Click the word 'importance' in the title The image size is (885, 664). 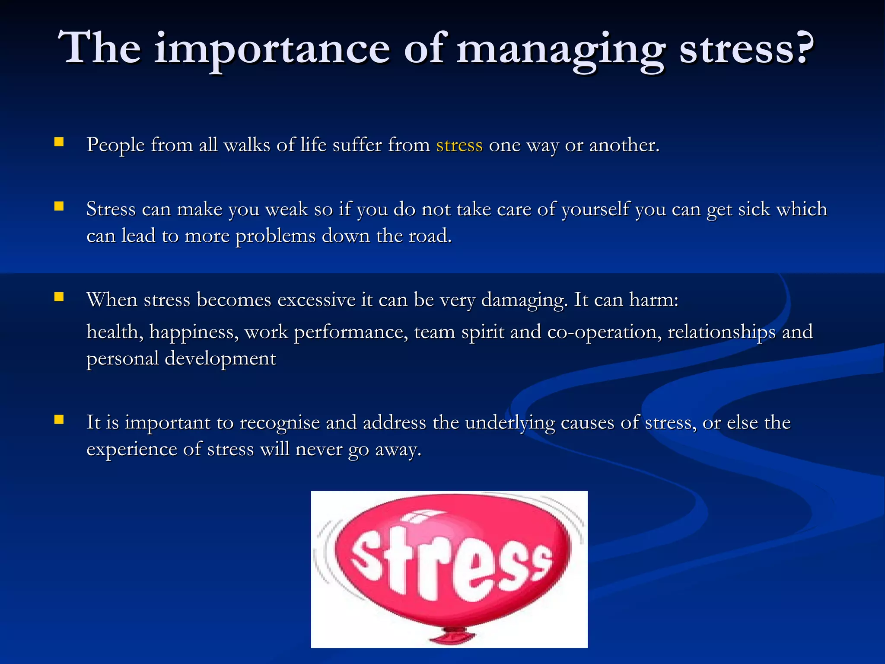[x=272, y=50]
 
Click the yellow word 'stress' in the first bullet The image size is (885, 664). [x=459, y=145]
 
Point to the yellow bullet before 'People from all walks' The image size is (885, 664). [x=59, y=142]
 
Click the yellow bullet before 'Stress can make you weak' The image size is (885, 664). [x=59, y=206]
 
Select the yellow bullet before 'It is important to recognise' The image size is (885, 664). [x=59, y=419]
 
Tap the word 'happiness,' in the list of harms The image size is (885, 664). [x=194, y=332]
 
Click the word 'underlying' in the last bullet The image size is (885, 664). [x=510, y=423]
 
